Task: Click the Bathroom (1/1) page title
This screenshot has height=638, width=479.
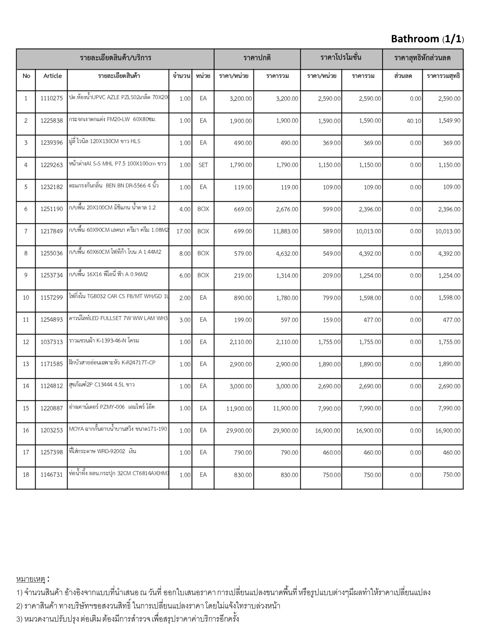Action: click(427, 39)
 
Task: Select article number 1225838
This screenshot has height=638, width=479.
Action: click(51, 121)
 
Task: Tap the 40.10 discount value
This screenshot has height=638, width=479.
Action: click(414, 121)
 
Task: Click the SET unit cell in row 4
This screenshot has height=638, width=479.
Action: click(203, 165)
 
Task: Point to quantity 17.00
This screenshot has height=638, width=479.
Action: click(183, 231)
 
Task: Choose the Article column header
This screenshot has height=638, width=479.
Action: click(52, 76)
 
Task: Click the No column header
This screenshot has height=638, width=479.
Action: click(26, 76)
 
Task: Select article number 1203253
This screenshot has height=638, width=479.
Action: click(51, 431)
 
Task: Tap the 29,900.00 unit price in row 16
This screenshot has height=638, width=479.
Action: click(239, 431)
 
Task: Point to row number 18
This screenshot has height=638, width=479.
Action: click(26, 475)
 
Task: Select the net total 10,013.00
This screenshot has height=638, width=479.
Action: click(448, 231)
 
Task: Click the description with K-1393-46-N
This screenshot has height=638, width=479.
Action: click(104, 340)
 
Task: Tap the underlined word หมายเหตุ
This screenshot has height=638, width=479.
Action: click(31, 579)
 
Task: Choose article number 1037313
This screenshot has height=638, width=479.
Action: click(51, 342)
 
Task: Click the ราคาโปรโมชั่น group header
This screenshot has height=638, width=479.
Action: click(341, 58)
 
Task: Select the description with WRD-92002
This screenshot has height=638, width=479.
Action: click(103, 451)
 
